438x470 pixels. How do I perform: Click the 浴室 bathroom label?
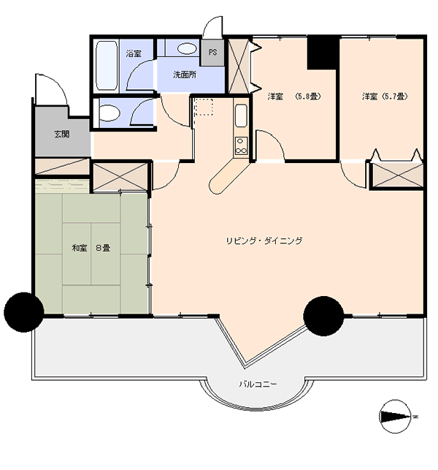click(134, 53)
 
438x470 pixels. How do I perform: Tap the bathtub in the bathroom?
click(107, 65)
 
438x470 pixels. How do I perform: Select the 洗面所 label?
click(185, 75)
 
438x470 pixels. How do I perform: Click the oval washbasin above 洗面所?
click(187, 48)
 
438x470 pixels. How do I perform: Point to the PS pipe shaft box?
click(212, 53)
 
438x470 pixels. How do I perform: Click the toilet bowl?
click(109, 113)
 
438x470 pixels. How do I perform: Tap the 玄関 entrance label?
click(62, 134)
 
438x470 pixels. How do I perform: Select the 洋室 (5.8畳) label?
click(294, 96)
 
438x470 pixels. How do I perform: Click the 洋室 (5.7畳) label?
click(385, 96)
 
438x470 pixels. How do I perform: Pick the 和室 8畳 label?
click(91, 248)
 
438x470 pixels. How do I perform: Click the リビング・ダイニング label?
click(264, 240)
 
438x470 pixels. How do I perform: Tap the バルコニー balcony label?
click(258, 384)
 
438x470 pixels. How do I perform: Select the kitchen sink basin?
click(241, 115)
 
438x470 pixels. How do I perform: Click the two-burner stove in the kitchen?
click(242, 145)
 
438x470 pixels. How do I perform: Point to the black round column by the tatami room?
click(23, 312)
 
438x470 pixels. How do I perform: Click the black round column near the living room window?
click(323, 316)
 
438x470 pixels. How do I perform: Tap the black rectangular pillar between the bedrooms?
click(323, 53)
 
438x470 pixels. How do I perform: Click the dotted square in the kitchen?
click(204, 107)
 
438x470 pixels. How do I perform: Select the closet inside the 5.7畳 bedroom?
click(398, 175)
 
